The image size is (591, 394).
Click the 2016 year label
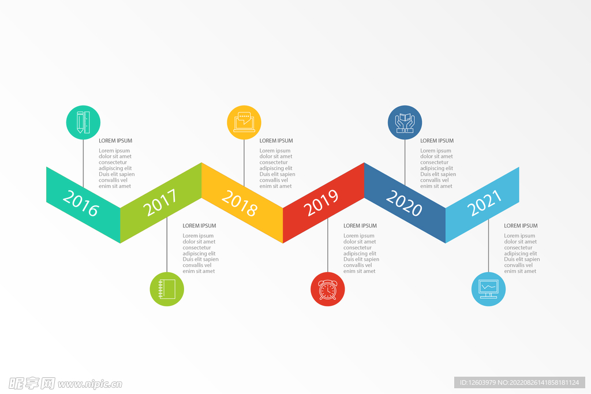point(81,203)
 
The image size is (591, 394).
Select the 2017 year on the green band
point(160,202)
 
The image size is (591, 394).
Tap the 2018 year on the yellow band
point(240,203)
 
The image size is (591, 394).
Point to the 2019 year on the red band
point(321,202)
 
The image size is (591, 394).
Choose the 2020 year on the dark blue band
point(404,203)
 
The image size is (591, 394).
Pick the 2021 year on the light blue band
point(484,202)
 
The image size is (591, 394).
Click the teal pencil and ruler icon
point(83,122)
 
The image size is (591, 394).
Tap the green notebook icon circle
point(167,289)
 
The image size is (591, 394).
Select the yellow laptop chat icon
point(244,122)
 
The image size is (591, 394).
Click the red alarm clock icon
point(328,289)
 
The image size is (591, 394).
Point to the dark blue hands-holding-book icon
point(405,122)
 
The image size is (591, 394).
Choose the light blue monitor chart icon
point(488,289)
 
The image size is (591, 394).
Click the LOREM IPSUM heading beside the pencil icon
point(115,141)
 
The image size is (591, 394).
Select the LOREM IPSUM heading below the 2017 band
point(199,226)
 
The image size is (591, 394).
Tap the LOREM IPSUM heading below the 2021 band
point(521,226)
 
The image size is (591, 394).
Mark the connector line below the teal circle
point(83,163)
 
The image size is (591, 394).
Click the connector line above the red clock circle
point(328,245)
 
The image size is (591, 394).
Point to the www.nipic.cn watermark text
point(90,384)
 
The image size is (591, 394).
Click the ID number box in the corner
point(519,382)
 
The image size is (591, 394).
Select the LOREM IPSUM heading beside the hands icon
point(437,141)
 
